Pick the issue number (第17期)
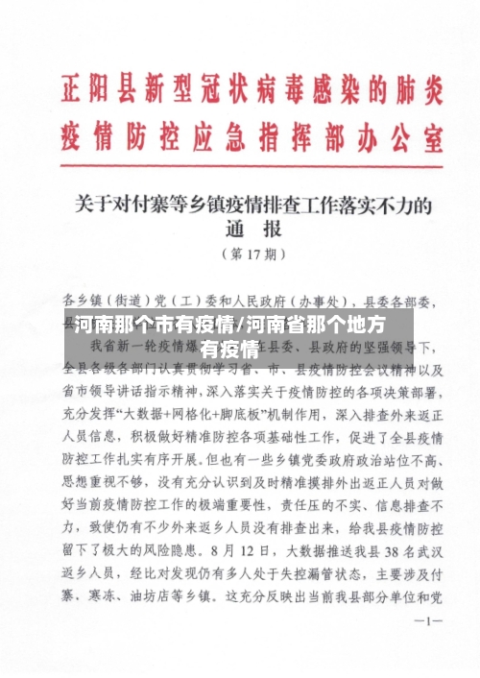[x=252, y=254]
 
